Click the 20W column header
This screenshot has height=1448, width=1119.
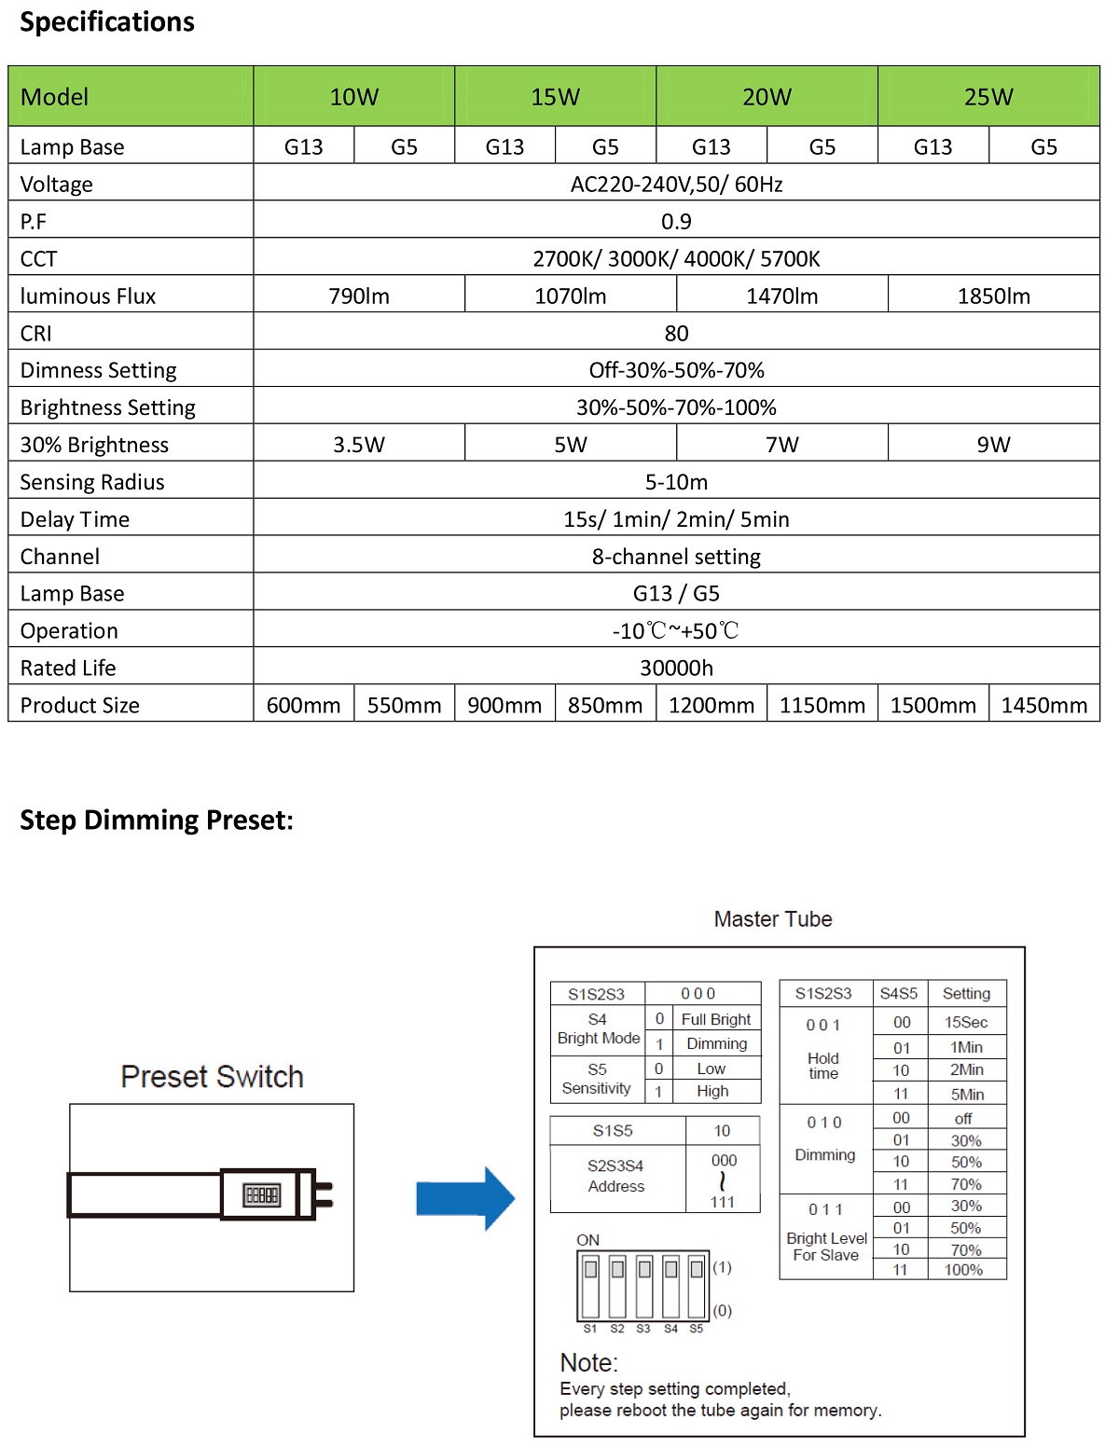click(767, 97)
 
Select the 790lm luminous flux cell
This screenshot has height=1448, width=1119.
click(359, 296)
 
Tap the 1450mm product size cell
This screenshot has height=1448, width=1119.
click(1043, 706)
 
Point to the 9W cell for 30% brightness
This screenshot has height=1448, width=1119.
click(993, 445)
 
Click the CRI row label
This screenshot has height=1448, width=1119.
click(36, 334)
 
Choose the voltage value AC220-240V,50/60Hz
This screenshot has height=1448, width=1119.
click(676, 185)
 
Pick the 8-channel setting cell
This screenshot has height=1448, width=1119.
click(676, 557)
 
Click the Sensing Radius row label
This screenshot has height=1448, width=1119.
click(92, 482)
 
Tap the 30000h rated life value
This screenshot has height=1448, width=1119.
click(676, 669)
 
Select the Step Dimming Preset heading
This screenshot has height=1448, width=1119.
click(157, 821)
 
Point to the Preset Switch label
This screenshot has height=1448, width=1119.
click(212, 1077)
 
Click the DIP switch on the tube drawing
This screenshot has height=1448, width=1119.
click(261, 1195)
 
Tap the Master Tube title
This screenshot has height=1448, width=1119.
click(772, 919)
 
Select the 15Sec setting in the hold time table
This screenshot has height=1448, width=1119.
click(965, 1022)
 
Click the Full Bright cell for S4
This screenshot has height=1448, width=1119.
click(715, 1019)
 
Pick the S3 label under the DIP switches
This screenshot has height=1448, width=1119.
click(643, 1329)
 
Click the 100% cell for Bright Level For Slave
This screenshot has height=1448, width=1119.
click(963, 1270)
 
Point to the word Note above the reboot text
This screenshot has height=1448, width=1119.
click(588, 1363)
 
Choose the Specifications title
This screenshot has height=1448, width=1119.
click(107, 22)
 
